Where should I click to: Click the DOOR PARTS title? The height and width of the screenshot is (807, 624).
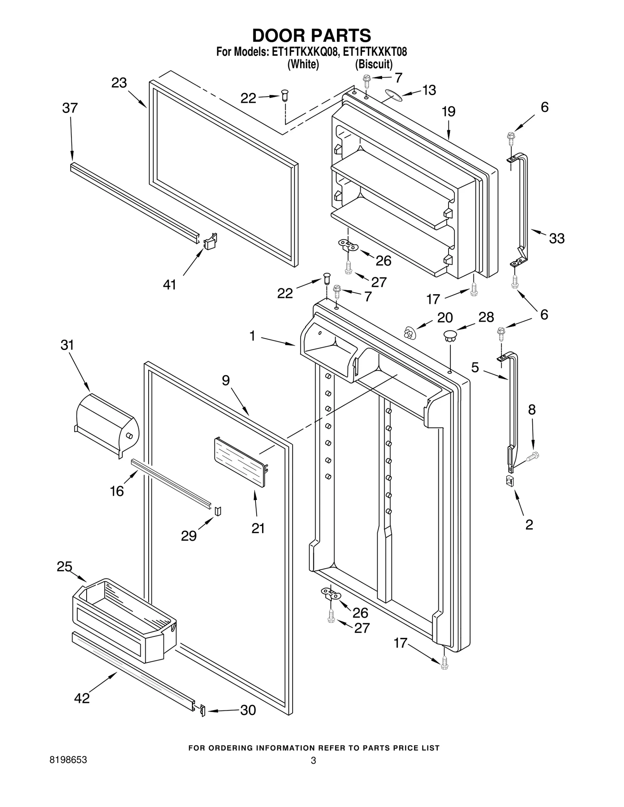pos(312,35)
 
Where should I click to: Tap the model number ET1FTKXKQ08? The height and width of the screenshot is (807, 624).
pos(303,52)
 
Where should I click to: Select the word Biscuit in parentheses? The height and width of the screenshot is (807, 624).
pos(374,64)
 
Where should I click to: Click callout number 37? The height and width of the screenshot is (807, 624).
pos(70,108)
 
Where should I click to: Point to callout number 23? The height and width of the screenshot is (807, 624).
pos(119,83)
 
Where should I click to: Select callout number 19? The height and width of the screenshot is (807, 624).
pos(448,112)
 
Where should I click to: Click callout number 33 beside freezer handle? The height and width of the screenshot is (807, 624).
pos(557,238)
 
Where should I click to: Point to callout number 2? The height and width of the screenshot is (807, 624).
pos(529,525)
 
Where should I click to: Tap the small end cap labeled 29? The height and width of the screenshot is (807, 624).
pos(218,510)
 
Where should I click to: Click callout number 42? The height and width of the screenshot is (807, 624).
pos(82,698)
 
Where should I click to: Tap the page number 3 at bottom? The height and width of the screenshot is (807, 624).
pos(313,761)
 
